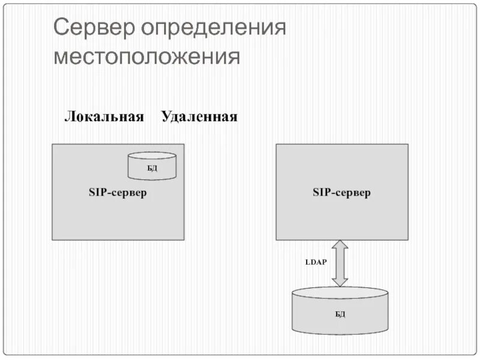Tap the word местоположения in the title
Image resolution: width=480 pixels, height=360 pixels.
146,58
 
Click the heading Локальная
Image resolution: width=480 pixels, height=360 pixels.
104,116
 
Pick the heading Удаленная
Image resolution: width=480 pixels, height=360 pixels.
199,116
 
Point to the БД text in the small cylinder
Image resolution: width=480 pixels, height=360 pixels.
152,169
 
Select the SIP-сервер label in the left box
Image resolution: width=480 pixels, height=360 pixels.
118,193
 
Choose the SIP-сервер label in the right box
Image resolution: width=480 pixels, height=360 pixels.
341,193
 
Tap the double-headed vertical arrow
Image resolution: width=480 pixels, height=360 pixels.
340,263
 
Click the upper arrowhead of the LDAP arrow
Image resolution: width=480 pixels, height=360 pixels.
340,246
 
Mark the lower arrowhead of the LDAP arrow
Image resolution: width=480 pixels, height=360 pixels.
340,280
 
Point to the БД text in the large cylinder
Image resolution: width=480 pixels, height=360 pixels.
340,314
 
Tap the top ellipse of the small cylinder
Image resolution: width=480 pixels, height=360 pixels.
152,157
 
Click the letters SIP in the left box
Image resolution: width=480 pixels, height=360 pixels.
97,193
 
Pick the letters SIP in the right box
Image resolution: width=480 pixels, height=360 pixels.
321,193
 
